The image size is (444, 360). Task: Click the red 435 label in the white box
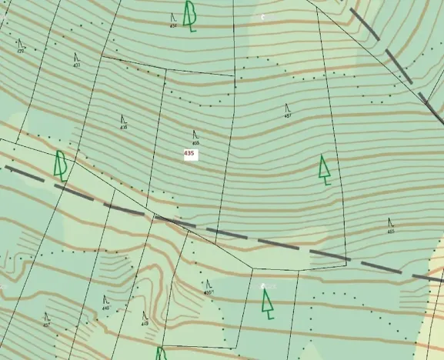[189, 154]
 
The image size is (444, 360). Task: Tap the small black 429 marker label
[21, 52]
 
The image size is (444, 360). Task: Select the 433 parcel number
[77, 65]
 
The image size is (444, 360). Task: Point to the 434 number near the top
[173, 25]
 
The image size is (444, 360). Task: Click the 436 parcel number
[124, 127]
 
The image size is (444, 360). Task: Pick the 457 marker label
[288, 116]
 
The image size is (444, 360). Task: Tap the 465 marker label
[391, 231]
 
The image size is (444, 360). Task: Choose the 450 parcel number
[208, 292]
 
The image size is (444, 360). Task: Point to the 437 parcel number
[46, 325]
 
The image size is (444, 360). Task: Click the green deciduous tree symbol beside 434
[189, 15]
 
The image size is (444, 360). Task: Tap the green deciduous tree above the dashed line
[61, 165]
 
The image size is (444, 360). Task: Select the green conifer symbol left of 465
[325, 170]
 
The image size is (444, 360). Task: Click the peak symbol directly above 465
[390, 222]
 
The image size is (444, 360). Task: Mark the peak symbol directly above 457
[287, 108]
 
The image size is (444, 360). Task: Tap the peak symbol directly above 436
[123, 118]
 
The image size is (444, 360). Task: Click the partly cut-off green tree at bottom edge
[162, 354]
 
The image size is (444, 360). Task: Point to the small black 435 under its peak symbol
[196, 143]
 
